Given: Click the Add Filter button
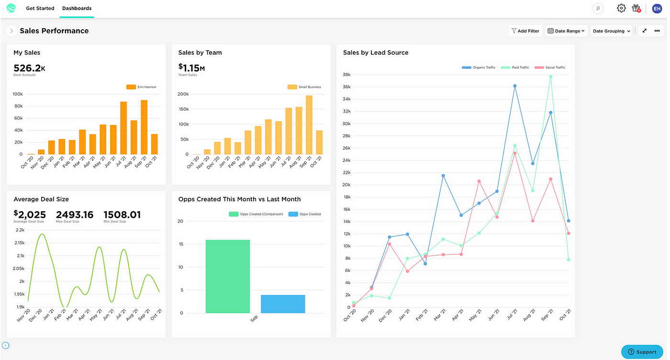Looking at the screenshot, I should (525, 31).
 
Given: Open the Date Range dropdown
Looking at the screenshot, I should (566, 31).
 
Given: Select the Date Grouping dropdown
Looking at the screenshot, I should (611, 31).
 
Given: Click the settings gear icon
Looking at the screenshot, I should (621, 8).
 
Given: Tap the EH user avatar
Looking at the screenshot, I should (657, 8).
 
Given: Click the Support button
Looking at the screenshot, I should (642, 352).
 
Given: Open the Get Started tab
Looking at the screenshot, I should (40, 9).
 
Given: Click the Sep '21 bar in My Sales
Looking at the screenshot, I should (144, 127).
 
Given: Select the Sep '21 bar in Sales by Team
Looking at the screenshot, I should (309, 125).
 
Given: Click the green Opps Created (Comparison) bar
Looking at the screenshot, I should (228, 277).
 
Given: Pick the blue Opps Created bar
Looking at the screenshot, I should (283, 304).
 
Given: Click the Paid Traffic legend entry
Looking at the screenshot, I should (515, 67).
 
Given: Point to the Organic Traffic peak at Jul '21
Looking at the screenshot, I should (515, 86).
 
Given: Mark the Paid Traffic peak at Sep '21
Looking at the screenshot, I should (551, 77).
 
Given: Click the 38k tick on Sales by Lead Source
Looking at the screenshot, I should (346, 75).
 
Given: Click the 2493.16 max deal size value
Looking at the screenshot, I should (75, 214).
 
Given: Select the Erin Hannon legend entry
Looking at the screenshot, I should (142, 87).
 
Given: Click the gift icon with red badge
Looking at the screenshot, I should (636, 8).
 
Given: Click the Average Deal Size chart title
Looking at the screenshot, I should (41, 199).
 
